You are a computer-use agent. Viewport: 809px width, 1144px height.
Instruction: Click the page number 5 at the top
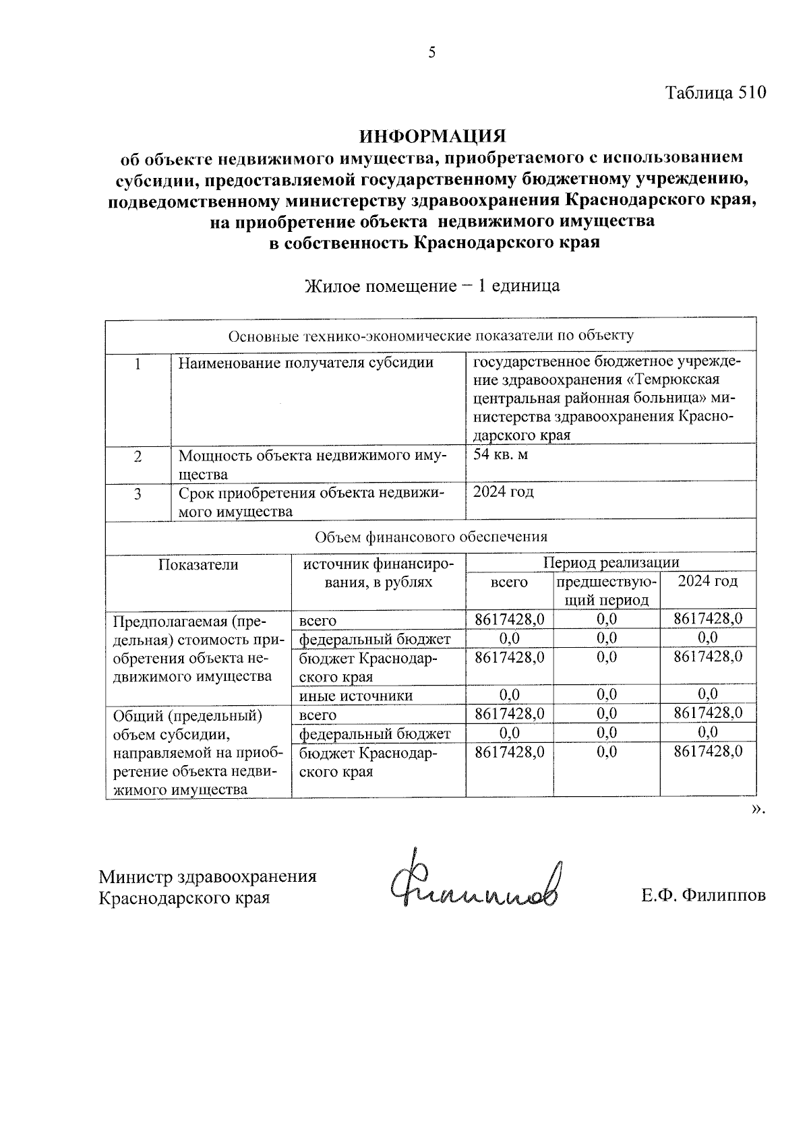coord(432,53)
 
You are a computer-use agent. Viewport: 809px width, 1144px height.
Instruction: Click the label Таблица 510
coord(716,93)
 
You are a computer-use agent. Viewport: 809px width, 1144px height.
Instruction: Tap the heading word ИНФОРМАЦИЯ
coord(432,137)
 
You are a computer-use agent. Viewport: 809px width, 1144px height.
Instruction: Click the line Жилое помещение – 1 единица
coord(432,286)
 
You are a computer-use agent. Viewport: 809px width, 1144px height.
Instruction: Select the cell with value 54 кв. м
coord(501,455)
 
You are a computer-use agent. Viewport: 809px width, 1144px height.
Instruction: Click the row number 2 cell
coord(138,457)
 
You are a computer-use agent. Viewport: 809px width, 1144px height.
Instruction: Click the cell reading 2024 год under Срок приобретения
coord(504,492)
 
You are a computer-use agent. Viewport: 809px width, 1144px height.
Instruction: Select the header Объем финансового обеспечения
coord(431,537)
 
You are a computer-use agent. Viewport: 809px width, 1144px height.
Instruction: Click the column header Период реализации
coord(611,562)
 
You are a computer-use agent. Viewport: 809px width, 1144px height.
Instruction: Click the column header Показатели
coord(198,565)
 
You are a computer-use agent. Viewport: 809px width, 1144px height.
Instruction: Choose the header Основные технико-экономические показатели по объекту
coord(431,336)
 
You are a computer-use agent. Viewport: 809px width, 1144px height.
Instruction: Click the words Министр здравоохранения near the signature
coord(208,876)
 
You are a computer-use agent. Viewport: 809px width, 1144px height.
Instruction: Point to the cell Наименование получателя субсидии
coord(305,363)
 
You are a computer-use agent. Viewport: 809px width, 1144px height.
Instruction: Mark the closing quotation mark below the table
coord(758,809)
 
